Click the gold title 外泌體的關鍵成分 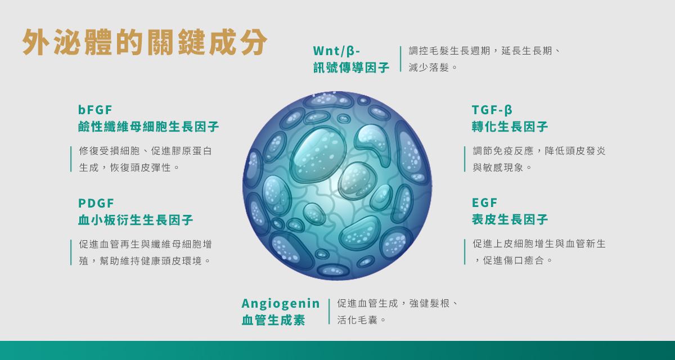point(145,42)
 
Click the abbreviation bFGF point(95,110)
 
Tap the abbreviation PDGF point(96,204)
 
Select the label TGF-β point(492,110)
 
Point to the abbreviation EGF point(484,202)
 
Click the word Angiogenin point(281,304)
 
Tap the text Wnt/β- point(336,51)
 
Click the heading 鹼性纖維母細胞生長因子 point(148,127)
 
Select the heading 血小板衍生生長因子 point(136,220)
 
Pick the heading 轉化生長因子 point(510,127)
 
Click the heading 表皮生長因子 point(510,219)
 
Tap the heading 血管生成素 point(273,320)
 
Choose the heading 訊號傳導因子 point(352,67)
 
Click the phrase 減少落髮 point(429,67)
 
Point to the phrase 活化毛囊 point(357,320)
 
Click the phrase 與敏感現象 point(498,168)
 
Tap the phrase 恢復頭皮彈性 point(141,168)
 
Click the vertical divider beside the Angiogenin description point(329,312)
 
